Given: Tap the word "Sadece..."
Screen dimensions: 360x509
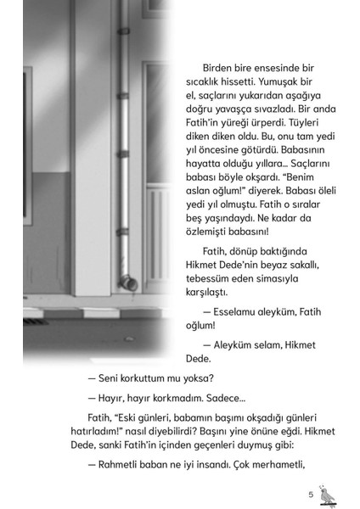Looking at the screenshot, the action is click(x=221, y=396).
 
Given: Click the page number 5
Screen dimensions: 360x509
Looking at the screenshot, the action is click(x=311, y=494).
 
